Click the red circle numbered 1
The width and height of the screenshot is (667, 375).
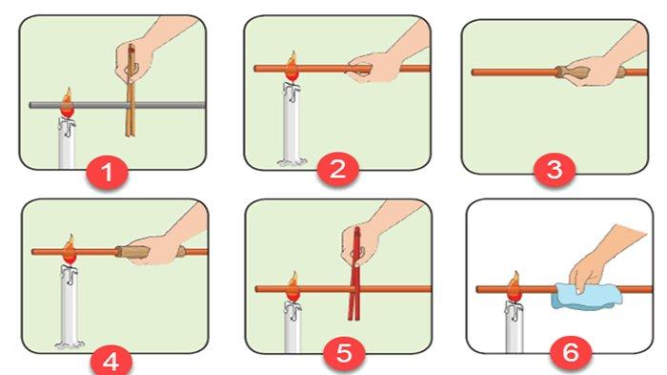coord(107,173)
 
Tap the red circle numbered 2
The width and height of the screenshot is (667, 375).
coord(337,169)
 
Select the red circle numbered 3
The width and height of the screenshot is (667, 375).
coord(555,170)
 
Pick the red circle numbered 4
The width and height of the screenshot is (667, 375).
coord(111,363)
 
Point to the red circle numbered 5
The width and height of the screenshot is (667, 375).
coord(344,353)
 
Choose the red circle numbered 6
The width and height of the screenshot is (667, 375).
coord(571,353)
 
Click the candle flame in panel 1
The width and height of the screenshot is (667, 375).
coord(68,103)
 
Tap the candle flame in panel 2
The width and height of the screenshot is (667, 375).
coord(292,66)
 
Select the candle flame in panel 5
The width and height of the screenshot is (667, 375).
coord(293,286)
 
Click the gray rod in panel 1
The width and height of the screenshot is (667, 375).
coord(117,105)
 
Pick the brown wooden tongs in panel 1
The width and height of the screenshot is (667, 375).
coord(131,91)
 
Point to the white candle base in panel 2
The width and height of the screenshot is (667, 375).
coord(292,161)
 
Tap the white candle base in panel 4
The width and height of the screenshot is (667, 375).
coord(70,344)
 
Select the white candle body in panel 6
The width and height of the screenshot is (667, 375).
coord(514,327)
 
